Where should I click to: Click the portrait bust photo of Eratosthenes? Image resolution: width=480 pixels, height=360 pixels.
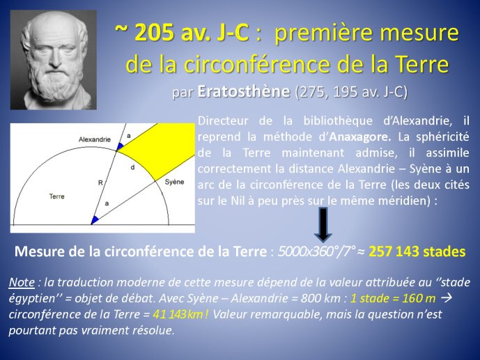[54, 60]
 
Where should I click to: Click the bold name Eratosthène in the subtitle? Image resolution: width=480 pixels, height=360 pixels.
[243, 91]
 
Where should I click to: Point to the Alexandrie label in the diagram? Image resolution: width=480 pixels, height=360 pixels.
[95, 139]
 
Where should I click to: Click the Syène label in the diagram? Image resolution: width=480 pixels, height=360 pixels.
[174, 182]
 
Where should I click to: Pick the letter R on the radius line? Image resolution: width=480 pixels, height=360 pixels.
[100, 183]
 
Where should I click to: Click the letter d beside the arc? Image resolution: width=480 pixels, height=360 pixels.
[132, 167]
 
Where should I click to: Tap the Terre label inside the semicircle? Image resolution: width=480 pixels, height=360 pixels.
[56, 196]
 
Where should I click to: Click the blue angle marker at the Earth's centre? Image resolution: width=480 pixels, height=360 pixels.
[95, 220]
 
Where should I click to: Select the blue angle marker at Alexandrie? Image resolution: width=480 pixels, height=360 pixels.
[120, 146]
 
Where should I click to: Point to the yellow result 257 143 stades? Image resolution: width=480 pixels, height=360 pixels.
[417, 251]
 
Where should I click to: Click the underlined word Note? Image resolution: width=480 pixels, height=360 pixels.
[22, 282]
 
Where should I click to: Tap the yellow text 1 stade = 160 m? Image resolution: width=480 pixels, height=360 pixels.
[393, 298]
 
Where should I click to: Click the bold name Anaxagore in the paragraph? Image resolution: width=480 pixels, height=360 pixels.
[360, 136]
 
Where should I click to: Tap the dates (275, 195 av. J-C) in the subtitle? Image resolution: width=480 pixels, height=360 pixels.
[351, 92]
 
